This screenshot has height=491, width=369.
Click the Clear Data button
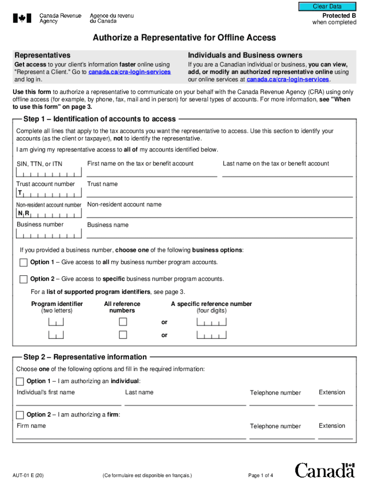[x=327, y=7]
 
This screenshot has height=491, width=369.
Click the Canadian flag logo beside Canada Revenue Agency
[x=22, y=19]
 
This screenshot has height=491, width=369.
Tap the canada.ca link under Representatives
[x=129, y=72]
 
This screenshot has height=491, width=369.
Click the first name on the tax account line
[x=151, y=173]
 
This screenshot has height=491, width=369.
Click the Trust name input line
[x=219, y=193]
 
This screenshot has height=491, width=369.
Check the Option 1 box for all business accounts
[x=23, y=262]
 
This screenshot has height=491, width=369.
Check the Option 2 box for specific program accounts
[x=23, y=279]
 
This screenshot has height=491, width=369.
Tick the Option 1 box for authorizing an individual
[x=20, y=382]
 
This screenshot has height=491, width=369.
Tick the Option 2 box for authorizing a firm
[x=20, y=415]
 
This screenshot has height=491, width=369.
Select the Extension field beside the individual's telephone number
[x=335, y=402]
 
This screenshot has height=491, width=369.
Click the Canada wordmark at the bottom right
[x=325, y=470]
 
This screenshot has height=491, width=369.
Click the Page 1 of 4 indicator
[x=261, y=476]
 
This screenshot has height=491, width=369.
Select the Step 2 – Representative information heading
[x=85, y=357]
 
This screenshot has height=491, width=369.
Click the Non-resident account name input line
[x=219, y=214]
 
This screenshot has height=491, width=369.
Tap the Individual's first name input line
[x=69, y=402]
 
